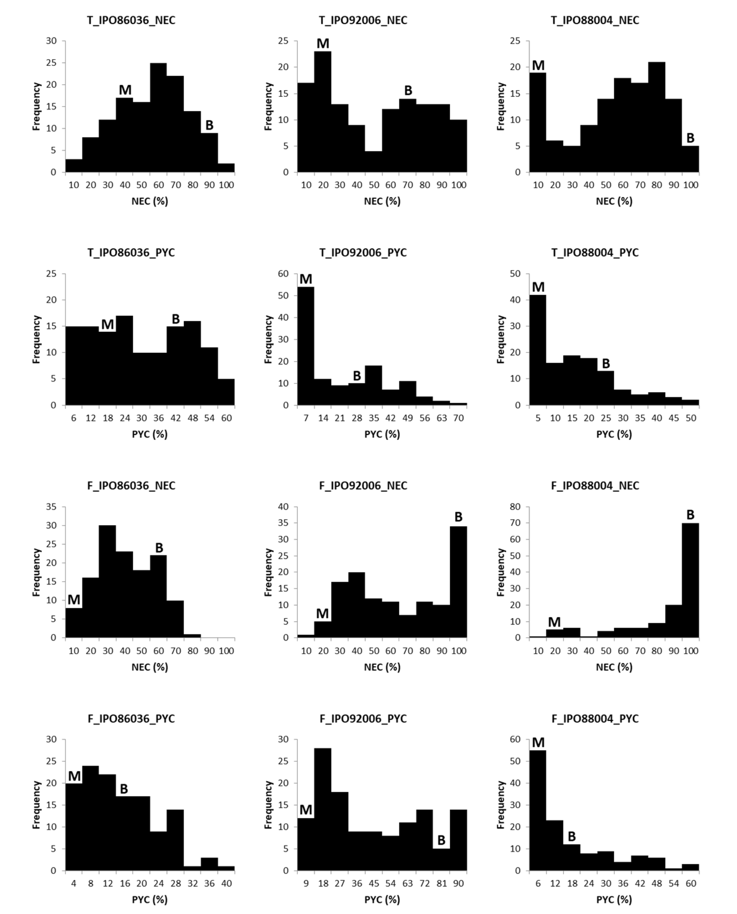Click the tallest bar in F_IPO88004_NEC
coord(690,581)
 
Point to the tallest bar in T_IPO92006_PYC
coord(306,346)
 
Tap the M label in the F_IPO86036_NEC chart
coord(74,600)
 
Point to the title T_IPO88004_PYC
coord(595,253)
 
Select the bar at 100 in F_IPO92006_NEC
coord(458,582)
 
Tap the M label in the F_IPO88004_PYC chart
coord(538,743)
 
